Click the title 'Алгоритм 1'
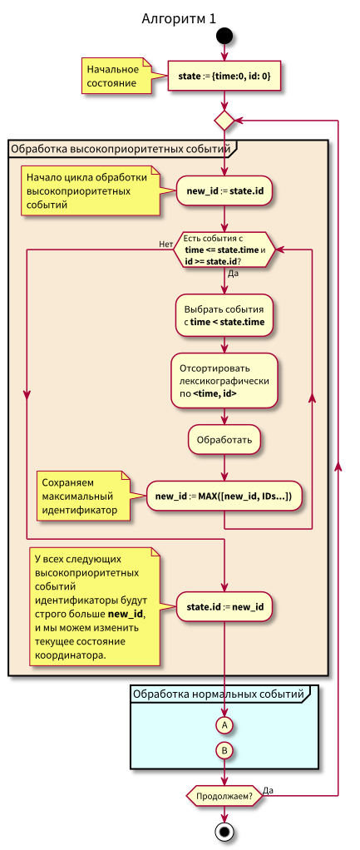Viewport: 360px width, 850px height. pos(179,17)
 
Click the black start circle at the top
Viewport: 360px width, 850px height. pos(224,37)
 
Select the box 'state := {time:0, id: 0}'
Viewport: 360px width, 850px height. pos(224,77)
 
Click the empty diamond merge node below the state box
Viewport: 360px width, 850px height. pos(224,121)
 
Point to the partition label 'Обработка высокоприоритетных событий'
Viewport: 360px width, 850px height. pos(120,150)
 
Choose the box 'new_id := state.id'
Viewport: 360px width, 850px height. pos(224,191)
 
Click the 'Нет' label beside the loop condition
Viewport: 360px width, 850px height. pos(165,244)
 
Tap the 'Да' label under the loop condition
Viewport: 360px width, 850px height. pos(233,273)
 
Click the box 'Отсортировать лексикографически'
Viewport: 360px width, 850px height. pos(224,380)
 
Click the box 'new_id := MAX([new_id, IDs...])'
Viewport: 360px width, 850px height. pos(224,497)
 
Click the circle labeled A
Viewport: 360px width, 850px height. pos(224,725)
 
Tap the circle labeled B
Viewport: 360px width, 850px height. pos(224,750)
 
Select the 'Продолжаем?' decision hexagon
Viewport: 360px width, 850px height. pos(224,795)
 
